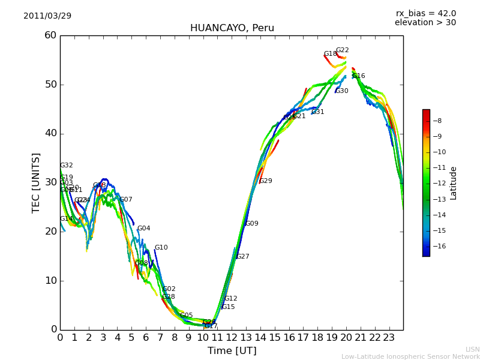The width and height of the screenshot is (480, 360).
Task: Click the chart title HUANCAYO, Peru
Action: (x=232, y=28)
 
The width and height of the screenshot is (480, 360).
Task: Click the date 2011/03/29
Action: (x=47, y=16)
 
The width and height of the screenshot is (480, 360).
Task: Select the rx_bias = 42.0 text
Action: (x=425, y=14)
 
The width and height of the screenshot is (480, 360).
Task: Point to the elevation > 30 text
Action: (x=425, y=23)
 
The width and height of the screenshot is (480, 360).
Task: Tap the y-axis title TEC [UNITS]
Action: (x=36, y=182)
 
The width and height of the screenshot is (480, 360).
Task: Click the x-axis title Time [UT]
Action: (x=232, y=351)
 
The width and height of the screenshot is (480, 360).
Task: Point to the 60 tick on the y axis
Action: (x=50, y=35)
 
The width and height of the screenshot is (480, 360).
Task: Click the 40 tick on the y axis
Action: (x=50, y=133)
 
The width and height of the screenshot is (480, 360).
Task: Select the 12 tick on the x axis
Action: (x=232, y=338)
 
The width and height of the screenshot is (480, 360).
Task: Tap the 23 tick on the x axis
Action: (x=389, y=338)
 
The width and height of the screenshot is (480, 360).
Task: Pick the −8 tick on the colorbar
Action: (x=437, y=121)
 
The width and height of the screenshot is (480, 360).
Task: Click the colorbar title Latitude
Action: (x=454, y=183)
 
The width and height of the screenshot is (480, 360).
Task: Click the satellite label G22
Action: (x=342, y=50)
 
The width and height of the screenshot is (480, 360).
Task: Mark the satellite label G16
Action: (x=358, y=76)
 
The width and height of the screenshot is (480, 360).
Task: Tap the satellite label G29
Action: (x=265, y=181)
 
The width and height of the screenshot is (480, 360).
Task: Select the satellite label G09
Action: (x=251, y=224)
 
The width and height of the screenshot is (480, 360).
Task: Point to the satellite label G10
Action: (x=161, y=248)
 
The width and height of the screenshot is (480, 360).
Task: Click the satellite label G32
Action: (x=66, y=166)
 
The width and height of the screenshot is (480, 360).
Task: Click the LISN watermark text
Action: (x=472, y=349)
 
